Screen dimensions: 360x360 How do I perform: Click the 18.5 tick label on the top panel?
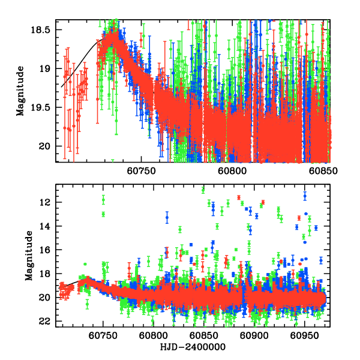43,29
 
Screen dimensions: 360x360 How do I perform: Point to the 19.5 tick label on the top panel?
43,107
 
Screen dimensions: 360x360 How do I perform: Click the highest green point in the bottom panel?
203,190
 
